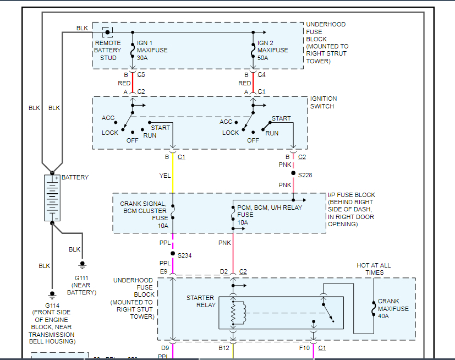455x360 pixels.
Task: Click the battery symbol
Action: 52,198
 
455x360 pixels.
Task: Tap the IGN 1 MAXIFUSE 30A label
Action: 152,50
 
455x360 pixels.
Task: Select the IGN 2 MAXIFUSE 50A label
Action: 273,50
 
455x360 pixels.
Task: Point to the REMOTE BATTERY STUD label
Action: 107,50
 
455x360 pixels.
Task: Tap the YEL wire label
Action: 164,176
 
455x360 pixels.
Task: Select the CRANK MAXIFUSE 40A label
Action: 393,309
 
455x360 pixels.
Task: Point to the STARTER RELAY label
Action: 200,301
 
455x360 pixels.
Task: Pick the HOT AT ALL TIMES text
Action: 374,269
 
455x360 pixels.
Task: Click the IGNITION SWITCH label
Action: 324,102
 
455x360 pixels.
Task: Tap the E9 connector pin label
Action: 164,271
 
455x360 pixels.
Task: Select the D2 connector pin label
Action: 224,271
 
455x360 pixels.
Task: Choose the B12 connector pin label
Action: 223,348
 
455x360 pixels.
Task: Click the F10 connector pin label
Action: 304,348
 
